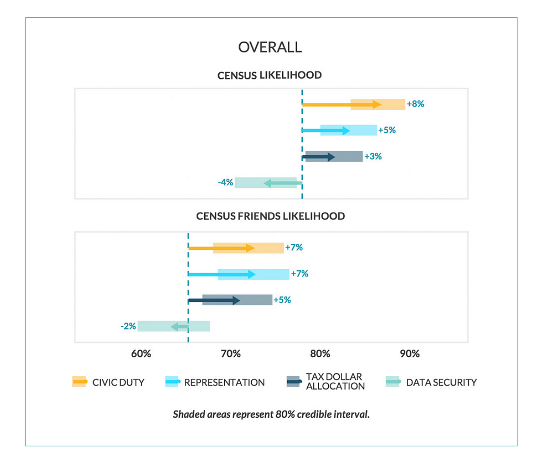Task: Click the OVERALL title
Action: [270, 47]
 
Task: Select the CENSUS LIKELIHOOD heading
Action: [269, 75]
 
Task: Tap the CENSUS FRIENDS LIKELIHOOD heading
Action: [270, 216]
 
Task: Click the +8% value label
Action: [416, 104]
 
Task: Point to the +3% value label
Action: [373, 156]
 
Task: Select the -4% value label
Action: [225, 182]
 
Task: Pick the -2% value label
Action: [128, 326]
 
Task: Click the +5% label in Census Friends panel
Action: [282, 300]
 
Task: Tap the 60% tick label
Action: [141, 354]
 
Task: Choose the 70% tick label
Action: [231, 354]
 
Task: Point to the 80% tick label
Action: [320, 354]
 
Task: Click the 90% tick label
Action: [410, 354]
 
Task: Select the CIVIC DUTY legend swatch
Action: [79, 382]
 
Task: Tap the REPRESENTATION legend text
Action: [224, 382]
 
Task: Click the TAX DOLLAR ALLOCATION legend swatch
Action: [294, 382]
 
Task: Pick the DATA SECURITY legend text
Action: [442, 382]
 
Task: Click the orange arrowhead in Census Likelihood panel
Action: [377, 105]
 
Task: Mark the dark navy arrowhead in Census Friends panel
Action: [236, 300]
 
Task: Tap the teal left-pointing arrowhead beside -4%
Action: [268, 183]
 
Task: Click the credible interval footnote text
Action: [271, 414]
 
